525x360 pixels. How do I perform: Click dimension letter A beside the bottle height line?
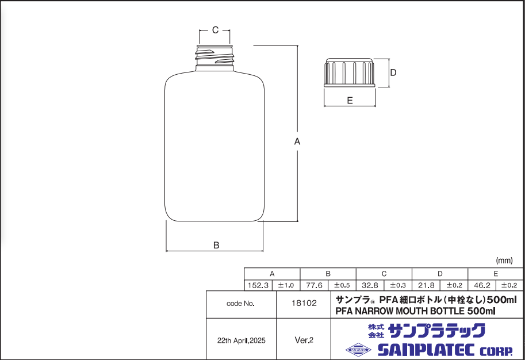click(297, 141)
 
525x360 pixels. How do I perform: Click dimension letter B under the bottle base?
click(216, 245)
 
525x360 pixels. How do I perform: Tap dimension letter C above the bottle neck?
click(215, 30)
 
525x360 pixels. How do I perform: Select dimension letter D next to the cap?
click(394, 72)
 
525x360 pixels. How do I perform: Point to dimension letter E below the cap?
click(350, 100)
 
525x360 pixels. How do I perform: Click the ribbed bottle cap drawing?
click(350, 73)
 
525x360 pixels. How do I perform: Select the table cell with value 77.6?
click(314, 285)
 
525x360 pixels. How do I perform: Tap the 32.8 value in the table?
click(370, 285)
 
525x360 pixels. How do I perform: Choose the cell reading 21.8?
click(426, 285)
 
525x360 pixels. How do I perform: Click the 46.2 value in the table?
click(482, 285)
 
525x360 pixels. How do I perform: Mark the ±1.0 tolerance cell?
click(286, 285)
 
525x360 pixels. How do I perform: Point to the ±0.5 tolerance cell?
click(342, 285)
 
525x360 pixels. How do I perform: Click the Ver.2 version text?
click(304, 340)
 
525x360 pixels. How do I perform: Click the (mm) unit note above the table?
click(504, 261)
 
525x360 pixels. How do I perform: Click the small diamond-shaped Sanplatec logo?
click(358, 349)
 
